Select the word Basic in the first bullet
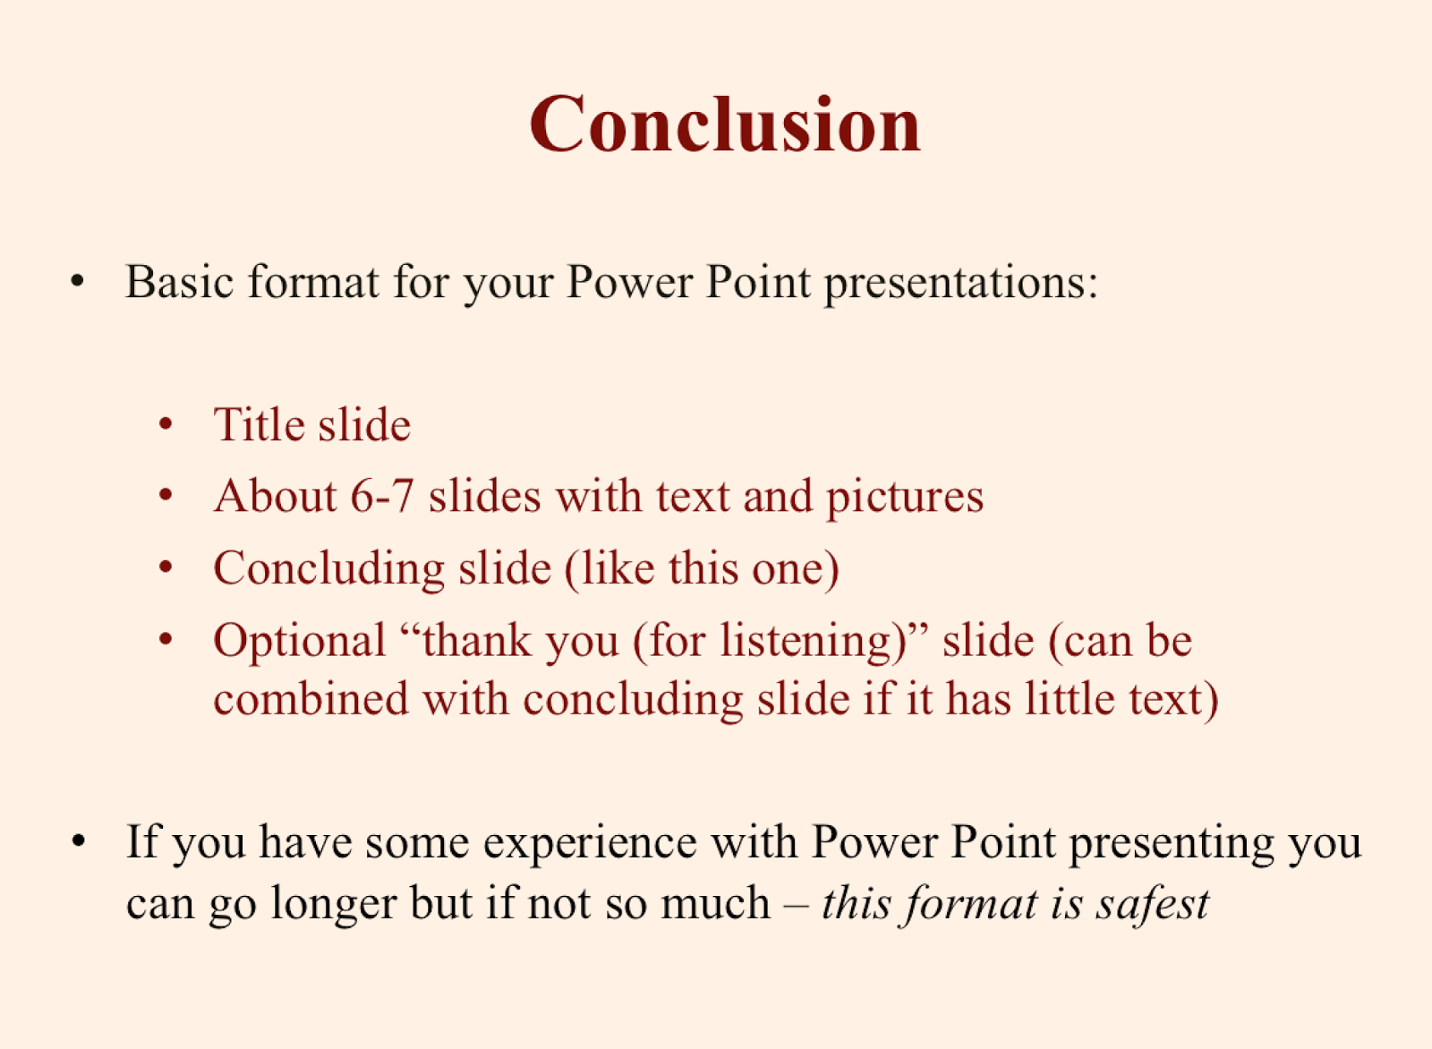(x=179, y=281)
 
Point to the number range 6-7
(x=381, y=496)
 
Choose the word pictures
(x=905, y=499)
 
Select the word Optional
(x=300, y=642)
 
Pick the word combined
(x=311, y=699)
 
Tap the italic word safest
(x=1152, y=904)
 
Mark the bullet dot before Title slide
(x=166, y=424)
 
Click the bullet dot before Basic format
(x=77, y=281)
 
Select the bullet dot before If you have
(x=78, y=840)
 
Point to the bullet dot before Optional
(x=166, y=638)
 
